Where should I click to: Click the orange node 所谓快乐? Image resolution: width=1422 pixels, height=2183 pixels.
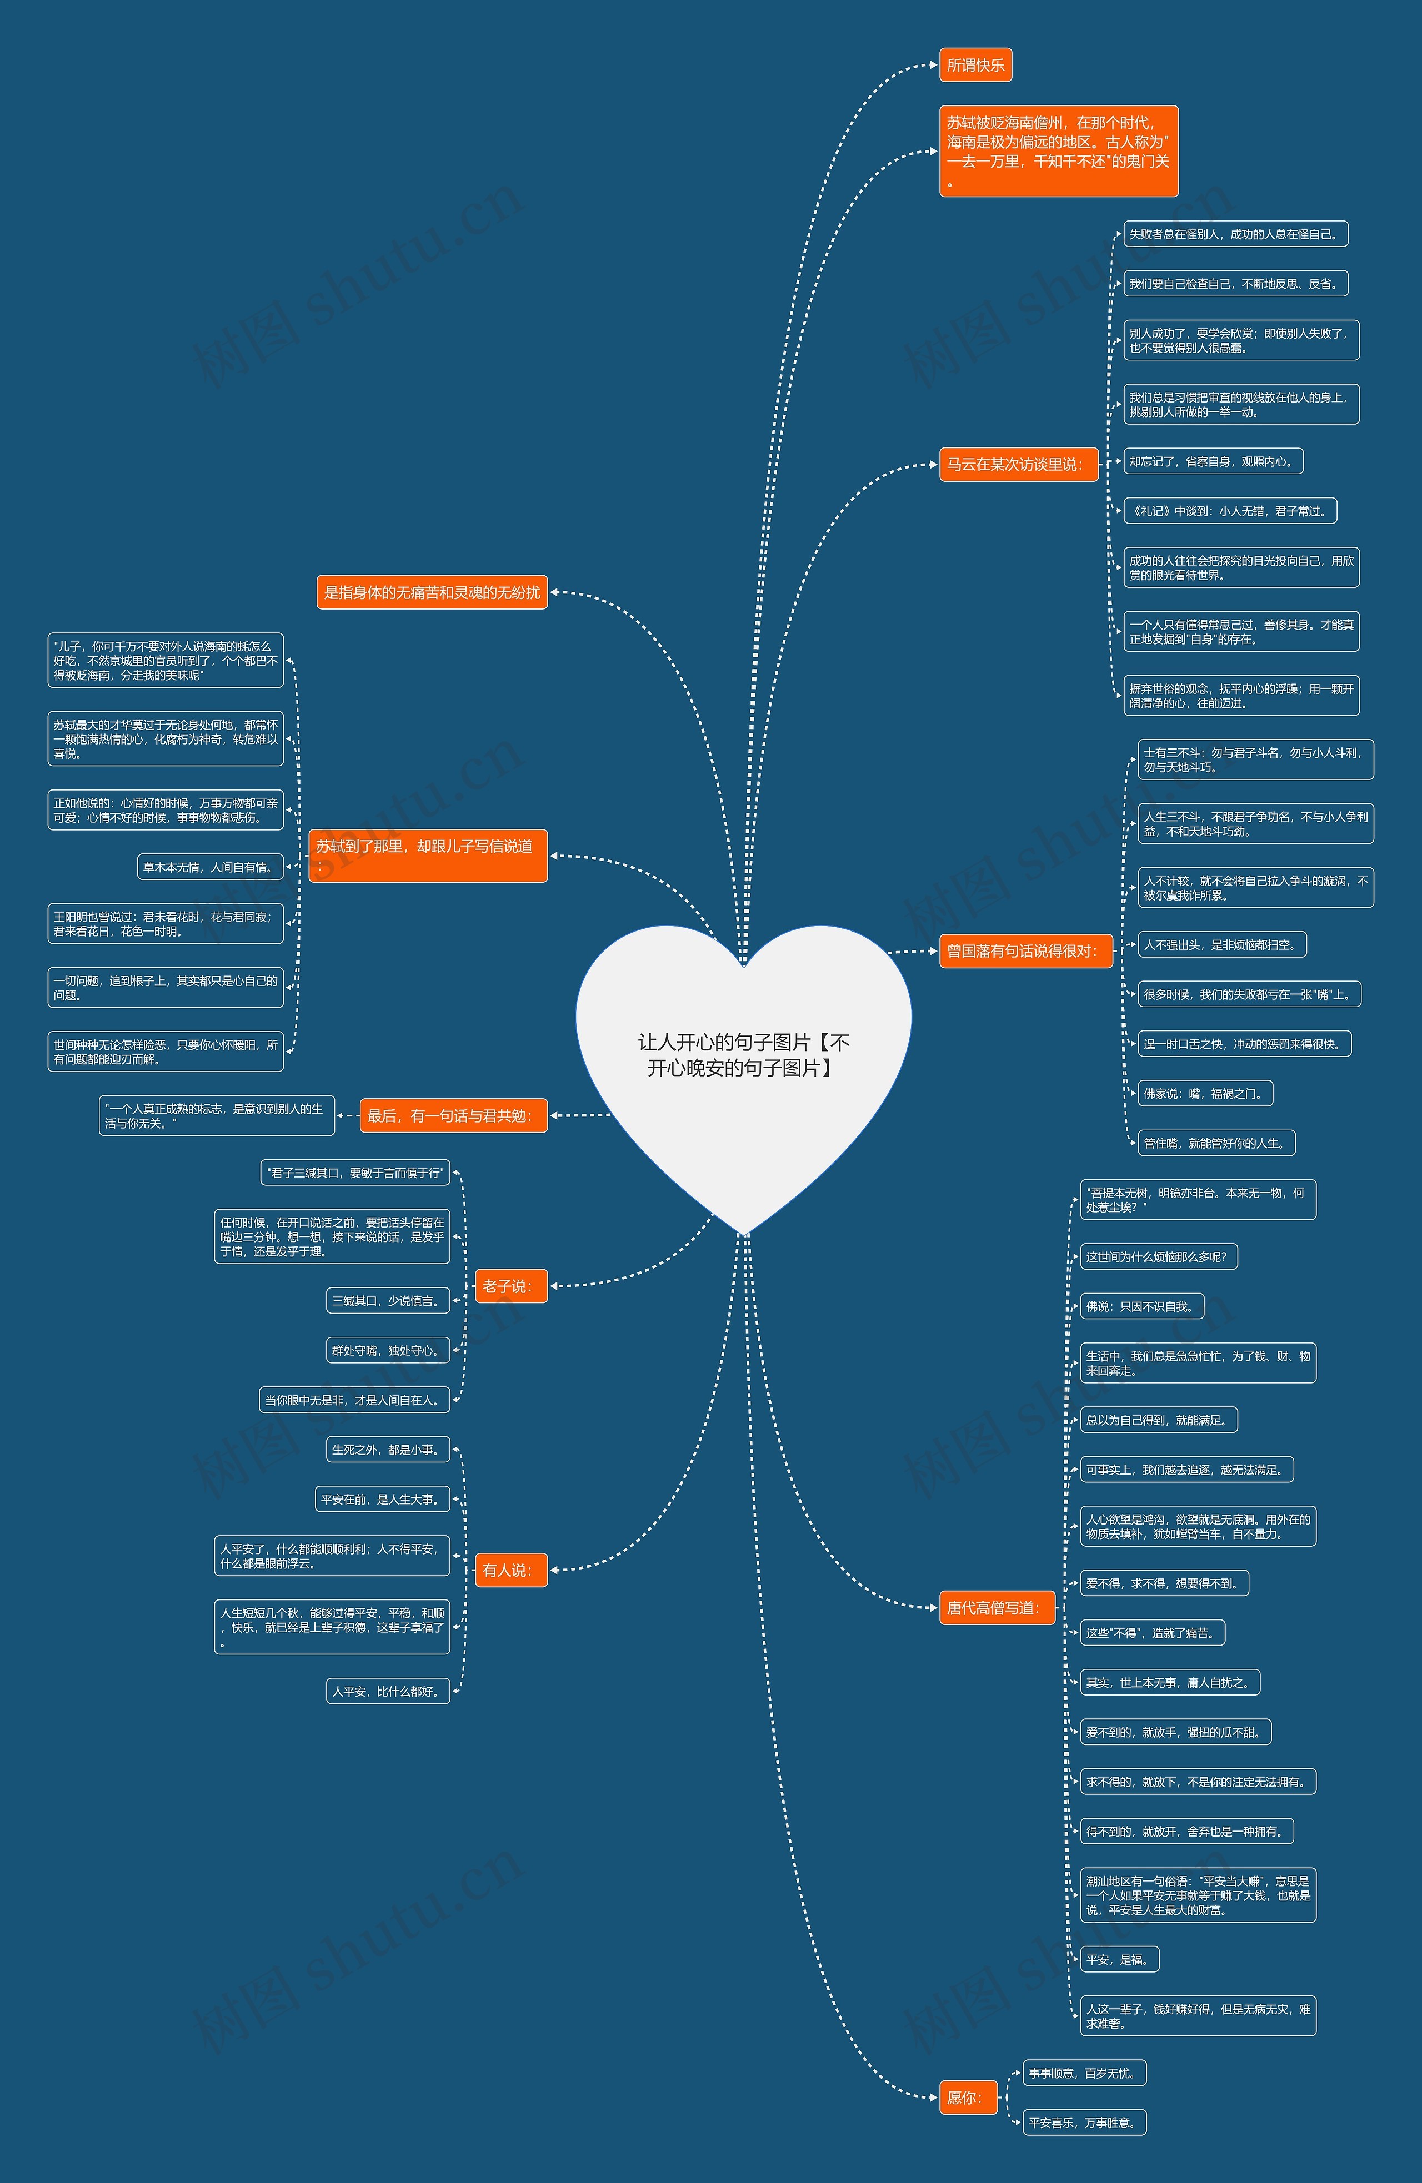click(975, 65)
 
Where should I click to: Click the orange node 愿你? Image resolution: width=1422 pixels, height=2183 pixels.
click(967, 2097)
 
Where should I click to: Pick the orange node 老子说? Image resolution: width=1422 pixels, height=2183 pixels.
click(510, 1286)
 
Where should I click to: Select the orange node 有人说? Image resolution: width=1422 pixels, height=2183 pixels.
click(510, 1570)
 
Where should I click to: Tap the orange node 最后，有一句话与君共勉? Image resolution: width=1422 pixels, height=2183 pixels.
click(452, 1115)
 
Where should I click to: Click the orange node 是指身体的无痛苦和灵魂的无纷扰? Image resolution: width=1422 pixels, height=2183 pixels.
click(431, 592)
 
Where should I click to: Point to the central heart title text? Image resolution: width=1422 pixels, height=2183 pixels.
click(743, 1055)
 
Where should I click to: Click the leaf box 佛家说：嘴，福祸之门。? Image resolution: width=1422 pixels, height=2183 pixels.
click(1205, 1093)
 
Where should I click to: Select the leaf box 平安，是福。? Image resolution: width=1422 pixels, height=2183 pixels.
click(1119, 1959)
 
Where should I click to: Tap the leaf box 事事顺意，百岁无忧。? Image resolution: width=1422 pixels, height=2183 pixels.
click(1084, 2073)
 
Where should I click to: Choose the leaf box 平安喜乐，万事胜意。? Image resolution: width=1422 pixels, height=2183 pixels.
click(1084, 2122)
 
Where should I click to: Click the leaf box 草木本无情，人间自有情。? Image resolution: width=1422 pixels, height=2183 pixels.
click(209, 867)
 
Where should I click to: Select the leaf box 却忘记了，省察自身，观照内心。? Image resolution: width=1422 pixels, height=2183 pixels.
click(1213, 461)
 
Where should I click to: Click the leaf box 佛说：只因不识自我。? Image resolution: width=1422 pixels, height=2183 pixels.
click(1141, 1306)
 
